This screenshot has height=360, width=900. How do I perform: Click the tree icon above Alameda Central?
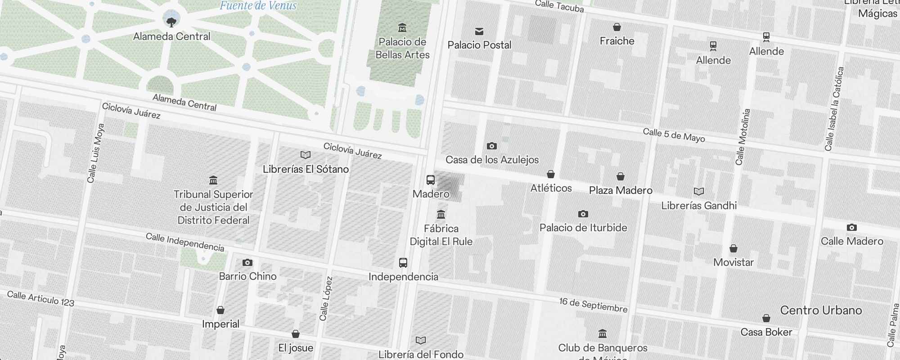click(x=171, y=21)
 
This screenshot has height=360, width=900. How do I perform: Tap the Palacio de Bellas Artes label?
click(x=402, y=48)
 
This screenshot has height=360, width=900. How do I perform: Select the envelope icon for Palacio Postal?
click(x=479, y=31)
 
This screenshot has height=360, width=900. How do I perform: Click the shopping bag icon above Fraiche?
click(x=617, y=27)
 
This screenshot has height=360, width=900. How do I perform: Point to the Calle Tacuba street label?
click(x=559, y=6)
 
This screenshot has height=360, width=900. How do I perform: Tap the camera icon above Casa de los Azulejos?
click(x=492, y=146)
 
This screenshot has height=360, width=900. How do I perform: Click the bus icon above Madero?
click(x=431, y=180)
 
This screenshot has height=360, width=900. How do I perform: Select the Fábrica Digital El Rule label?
click(x=441, y=235)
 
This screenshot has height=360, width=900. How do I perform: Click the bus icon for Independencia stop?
click(x=403, y=263)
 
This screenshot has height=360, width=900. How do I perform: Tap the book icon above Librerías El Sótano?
click(x=306, y=155)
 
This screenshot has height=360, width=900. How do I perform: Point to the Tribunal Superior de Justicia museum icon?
click(x=213, y=180)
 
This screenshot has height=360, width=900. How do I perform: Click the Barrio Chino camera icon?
click(x=247, y=262)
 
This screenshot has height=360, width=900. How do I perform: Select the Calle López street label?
click(x=326, y=298)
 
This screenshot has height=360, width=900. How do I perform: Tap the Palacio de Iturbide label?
click(x=583, y=228)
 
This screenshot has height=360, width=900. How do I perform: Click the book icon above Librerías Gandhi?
click(x=699, y=192)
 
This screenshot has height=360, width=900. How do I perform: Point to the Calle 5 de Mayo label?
click(x=674, y=135)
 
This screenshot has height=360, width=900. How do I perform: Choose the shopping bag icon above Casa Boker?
click(x=766, y=319)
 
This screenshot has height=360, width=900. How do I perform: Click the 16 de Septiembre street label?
click(x=593, y=305)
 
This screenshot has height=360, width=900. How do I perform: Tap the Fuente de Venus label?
click(x=258, y=6)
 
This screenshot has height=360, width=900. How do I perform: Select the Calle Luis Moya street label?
click(x=96, y=153)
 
